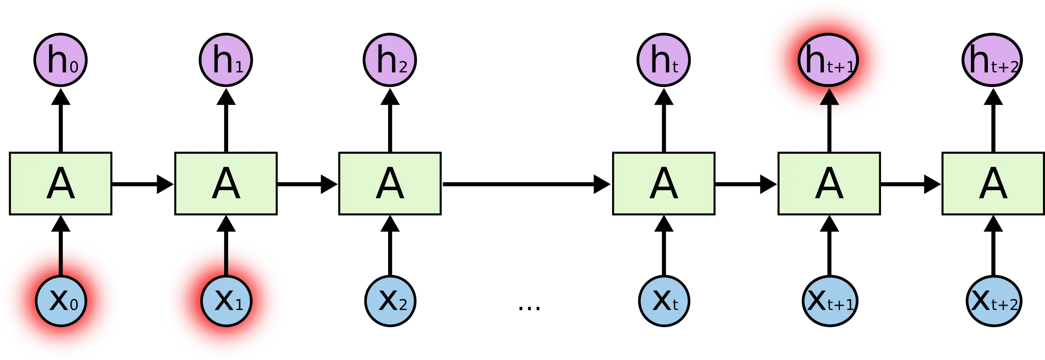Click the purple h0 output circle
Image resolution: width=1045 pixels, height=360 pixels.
tap(61, 59)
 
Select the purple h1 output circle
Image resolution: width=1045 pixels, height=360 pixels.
tap(226, 59)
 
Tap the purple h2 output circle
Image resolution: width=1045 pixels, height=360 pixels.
tap(389, 59)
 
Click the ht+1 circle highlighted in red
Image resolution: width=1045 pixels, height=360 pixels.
tap(828, 60)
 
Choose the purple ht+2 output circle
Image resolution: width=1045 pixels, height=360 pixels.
tap(992, 59)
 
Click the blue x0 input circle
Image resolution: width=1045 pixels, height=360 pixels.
tap(61, 300)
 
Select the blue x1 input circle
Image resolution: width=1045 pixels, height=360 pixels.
tap(226, 300)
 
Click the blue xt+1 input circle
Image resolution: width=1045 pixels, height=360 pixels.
tap(829, 300)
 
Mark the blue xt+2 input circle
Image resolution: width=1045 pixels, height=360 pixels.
tap(993, 300)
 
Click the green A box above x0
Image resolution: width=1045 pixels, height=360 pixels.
tap(60, 183)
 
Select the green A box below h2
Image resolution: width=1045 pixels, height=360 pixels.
tap(391, 183)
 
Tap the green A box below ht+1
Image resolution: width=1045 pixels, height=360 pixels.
tap(828, 183)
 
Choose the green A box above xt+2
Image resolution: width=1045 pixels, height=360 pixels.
tap(993, 183)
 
